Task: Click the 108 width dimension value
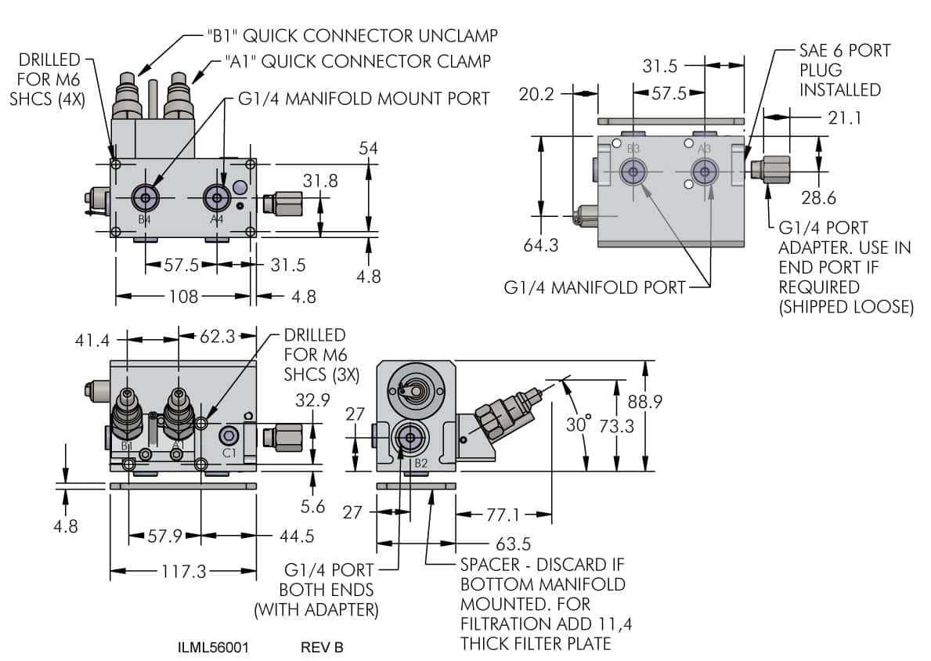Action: (183, 296)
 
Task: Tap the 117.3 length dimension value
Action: (183, 571)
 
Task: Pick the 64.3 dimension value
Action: (540, 246)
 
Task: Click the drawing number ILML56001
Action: (213, 648)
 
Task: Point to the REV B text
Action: (322, 648)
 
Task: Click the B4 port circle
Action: (145, 196)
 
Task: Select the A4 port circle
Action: (216, 196)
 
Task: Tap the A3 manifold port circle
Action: (705, 172)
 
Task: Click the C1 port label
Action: (229, 453)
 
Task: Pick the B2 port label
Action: (420, 463)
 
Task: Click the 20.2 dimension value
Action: (536, 94)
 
